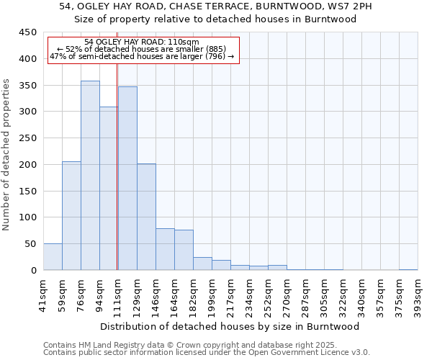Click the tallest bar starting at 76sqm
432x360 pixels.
[x=90, y=176]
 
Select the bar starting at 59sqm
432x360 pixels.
[x=71, y=216]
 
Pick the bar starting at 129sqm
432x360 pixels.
[x=146, y=217]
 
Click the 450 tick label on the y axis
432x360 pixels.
[x=27, y=32]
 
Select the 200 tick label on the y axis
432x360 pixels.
[x=27, y=165]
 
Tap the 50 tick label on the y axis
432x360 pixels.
[x=30, y=244]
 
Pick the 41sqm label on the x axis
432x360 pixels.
[x=43, y=294]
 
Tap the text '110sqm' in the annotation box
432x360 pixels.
[x=176, y=42]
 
